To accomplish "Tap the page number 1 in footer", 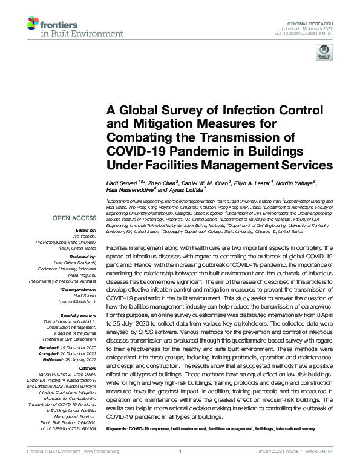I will coord(180,451).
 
